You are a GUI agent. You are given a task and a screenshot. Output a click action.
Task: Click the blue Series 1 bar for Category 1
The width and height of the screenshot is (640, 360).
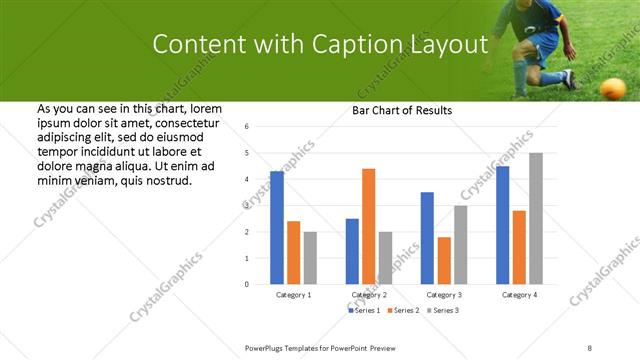[x=277, y=228]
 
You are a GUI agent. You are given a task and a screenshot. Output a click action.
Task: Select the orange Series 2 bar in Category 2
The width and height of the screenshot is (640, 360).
[x=368, y=226]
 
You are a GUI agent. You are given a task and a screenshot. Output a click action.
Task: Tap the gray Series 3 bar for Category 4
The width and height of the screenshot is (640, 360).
[x=536, y=218]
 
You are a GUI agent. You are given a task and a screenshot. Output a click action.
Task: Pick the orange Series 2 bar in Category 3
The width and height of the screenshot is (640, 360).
[x=444, y=260]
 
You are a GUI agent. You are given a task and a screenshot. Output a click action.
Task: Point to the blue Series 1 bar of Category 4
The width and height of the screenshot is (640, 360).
[x=502, y=225]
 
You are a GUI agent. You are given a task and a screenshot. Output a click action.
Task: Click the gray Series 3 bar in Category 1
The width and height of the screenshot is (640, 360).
[x=310, y=258]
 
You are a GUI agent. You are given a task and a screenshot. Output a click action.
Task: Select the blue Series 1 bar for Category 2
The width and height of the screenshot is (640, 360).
[x=352, y=251]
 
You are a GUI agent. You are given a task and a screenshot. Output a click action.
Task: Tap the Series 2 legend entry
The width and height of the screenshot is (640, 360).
[x=403, y=311]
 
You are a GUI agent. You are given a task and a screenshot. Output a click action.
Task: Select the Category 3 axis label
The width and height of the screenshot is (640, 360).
[x=444, y=295]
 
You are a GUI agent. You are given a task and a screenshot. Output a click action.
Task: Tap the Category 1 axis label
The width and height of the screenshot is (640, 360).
[x=293, y=295]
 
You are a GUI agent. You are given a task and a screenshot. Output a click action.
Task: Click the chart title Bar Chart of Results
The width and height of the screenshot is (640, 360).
[x=402, y=110]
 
